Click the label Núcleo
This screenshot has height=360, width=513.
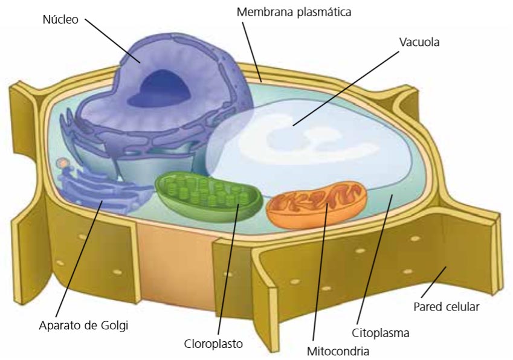tap(60, 19)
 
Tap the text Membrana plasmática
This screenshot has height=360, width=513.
tap(294, 11)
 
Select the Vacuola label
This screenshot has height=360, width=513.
tap(419, 43)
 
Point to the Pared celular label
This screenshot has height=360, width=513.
tap(446, 306)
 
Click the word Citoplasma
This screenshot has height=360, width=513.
tap(381, 333)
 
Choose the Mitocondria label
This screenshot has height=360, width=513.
tap(338, 350)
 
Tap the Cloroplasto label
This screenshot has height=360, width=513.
tap(213, 344)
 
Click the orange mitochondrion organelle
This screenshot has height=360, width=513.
tap(317, 206)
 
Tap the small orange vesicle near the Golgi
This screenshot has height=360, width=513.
tap(61, 162)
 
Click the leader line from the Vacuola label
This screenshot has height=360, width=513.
tap(347, 88)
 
